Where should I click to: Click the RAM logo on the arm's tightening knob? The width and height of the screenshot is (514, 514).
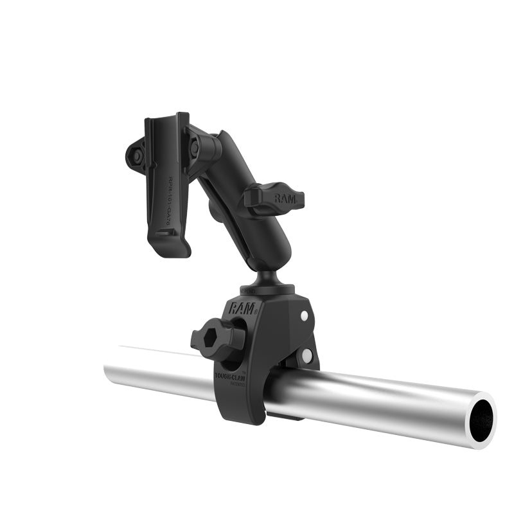[285, 199]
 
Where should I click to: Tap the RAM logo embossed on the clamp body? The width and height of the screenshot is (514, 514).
[242, 306]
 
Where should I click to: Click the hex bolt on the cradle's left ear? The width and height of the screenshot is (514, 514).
[136, 154]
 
